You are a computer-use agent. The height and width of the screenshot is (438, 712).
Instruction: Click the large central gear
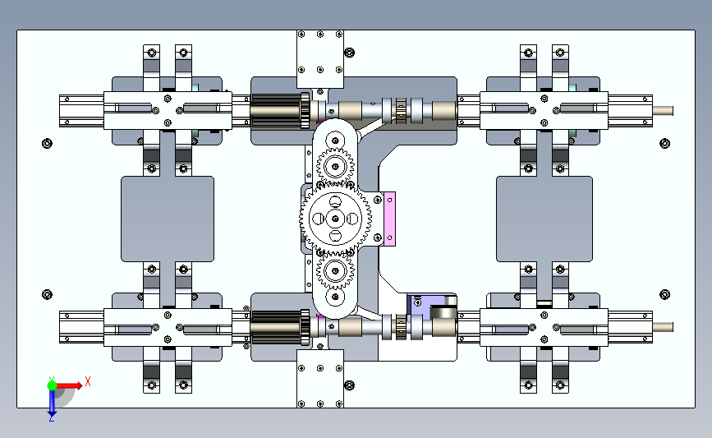335,219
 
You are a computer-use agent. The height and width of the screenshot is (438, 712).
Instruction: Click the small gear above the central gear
335,166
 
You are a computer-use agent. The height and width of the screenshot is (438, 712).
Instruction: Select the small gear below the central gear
335,271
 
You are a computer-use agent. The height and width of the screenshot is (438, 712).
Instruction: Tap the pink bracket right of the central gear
389,219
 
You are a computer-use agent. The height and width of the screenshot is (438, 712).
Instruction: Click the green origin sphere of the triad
52,385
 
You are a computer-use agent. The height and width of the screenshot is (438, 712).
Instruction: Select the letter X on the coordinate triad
88,381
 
